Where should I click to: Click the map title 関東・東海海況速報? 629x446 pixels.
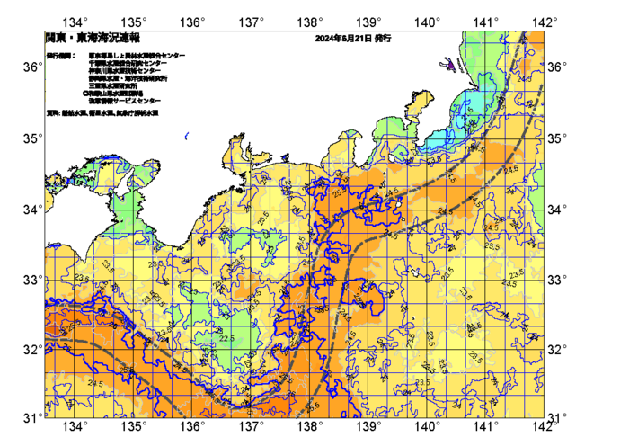93,39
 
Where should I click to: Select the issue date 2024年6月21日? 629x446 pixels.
343,39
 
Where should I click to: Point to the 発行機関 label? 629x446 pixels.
60,56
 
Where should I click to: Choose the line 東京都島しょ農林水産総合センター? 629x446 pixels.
137,56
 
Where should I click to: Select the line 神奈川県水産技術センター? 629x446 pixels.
125,70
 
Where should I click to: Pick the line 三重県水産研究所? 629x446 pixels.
113,85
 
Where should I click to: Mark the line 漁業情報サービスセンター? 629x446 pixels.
125,100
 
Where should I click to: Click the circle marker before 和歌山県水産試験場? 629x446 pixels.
86,93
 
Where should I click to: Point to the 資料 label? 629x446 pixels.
52,113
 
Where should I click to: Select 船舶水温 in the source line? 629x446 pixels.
75,113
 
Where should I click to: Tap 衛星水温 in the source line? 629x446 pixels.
102,113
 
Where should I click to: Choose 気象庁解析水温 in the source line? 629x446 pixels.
139,113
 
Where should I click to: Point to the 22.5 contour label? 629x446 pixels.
226,338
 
